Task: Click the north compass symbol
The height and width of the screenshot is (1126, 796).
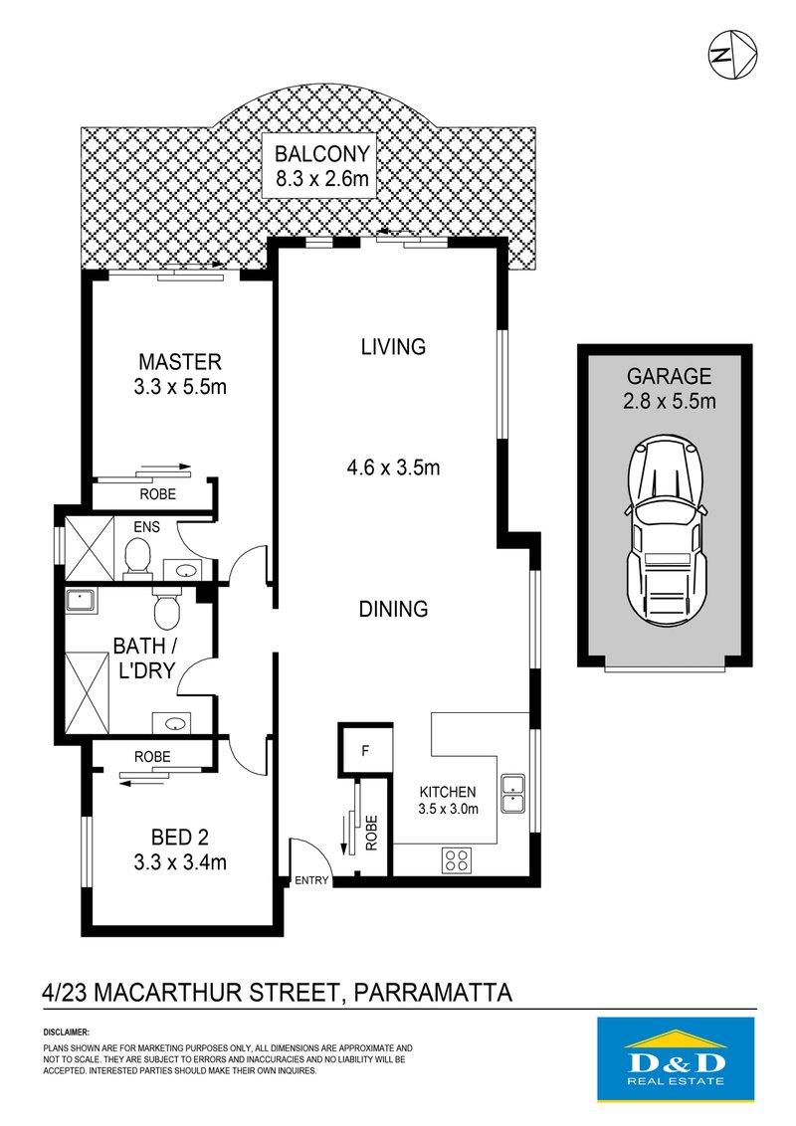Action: (x=732, y=55)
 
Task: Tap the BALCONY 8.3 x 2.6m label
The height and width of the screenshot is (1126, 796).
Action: (x=322, y=168)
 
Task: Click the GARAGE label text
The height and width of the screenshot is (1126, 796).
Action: (x=669, y=377)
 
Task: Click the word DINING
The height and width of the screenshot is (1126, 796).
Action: (x=393, y=609)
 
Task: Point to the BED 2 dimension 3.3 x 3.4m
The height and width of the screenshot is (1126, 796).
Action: (x=179, y=862)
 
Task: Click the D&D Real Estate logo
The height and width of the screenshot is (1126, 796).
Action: (x=662, y=1058)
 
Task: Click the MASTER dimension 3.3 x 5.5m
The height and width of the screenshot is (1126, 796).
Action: (x=179, y=387)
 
